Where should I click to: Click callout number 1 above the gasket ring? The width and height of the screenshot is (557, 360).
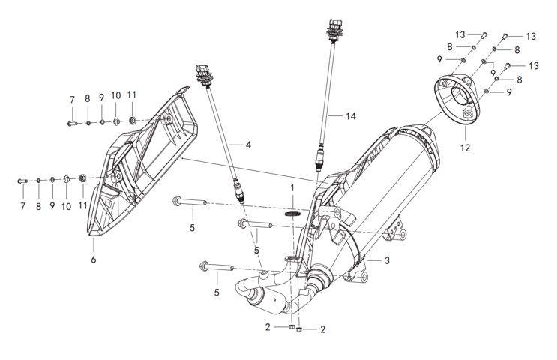(x=293, y=185)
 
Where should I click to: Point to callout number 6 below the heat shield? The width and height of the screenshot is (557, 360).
(x=94, y=259)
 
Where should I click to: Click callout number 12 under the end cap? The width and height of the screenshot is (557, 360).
(x=466, y=148)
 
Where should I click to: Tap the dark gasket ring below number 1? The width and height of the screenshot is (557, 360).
(x=293, y=212)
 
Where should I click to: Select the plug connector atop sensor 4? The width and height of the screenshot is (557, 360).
(x=203, y=73)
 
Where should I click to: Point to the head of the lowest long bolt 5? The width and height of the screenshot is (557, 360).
(x=204, y=265)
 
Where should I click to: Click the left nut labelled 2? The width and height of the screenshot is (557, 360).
(x=289, y=327)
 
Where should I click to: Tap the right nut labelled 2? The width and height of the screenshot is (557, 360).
(x=299, y=328)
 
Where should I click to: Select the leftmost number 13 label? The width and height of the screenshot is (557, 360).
(x=460, y=35)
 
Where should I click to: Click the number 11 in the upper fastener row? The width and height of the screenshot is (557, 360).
(x=132, y=95)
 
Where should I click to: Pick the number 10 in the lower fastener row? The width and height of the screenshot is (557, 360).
(x=67, y=205)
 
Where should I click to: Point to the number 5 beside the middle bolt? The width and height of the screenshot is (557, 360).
(x=256, y=250)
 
